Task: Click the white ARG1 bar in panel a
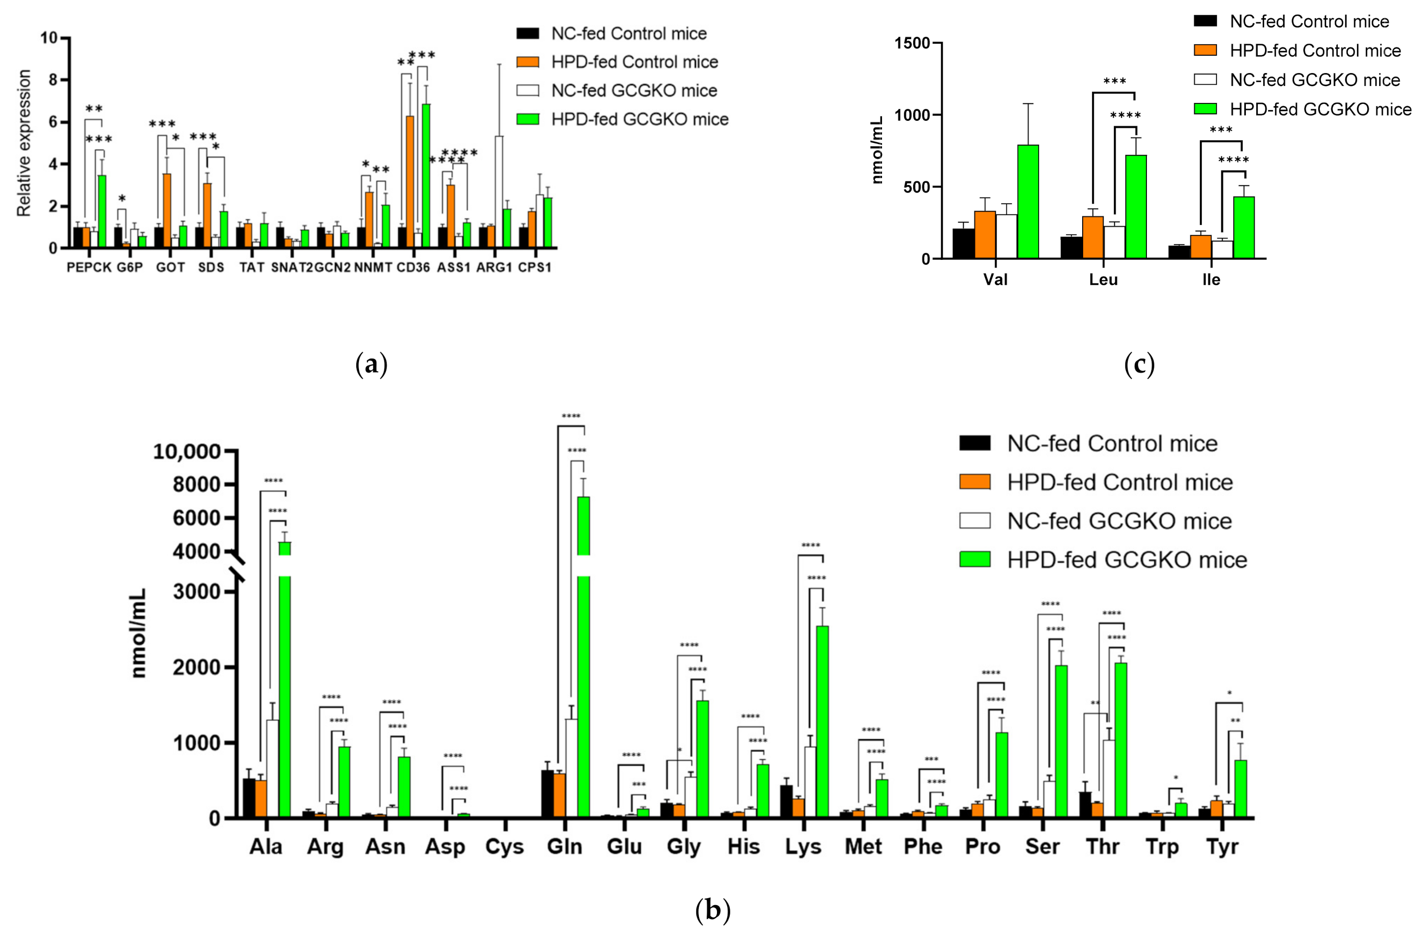tap(499, 192)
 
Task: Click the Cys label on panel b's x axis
tap(504, 847)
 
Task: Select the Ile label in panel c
tap(1211, 280)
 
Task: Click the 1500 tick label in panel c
tap(912, 43)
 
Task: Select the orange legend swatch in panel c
tap(1205, 50)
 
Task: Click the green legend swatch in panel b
tap(975, 559)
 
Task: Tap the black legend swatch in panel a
tap(527, 33)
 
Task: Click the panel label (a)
tap(371, 365)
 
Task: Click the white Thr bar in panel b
tap(1109, 779)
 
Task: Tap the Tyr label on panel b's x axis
tap(1222, 847)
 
